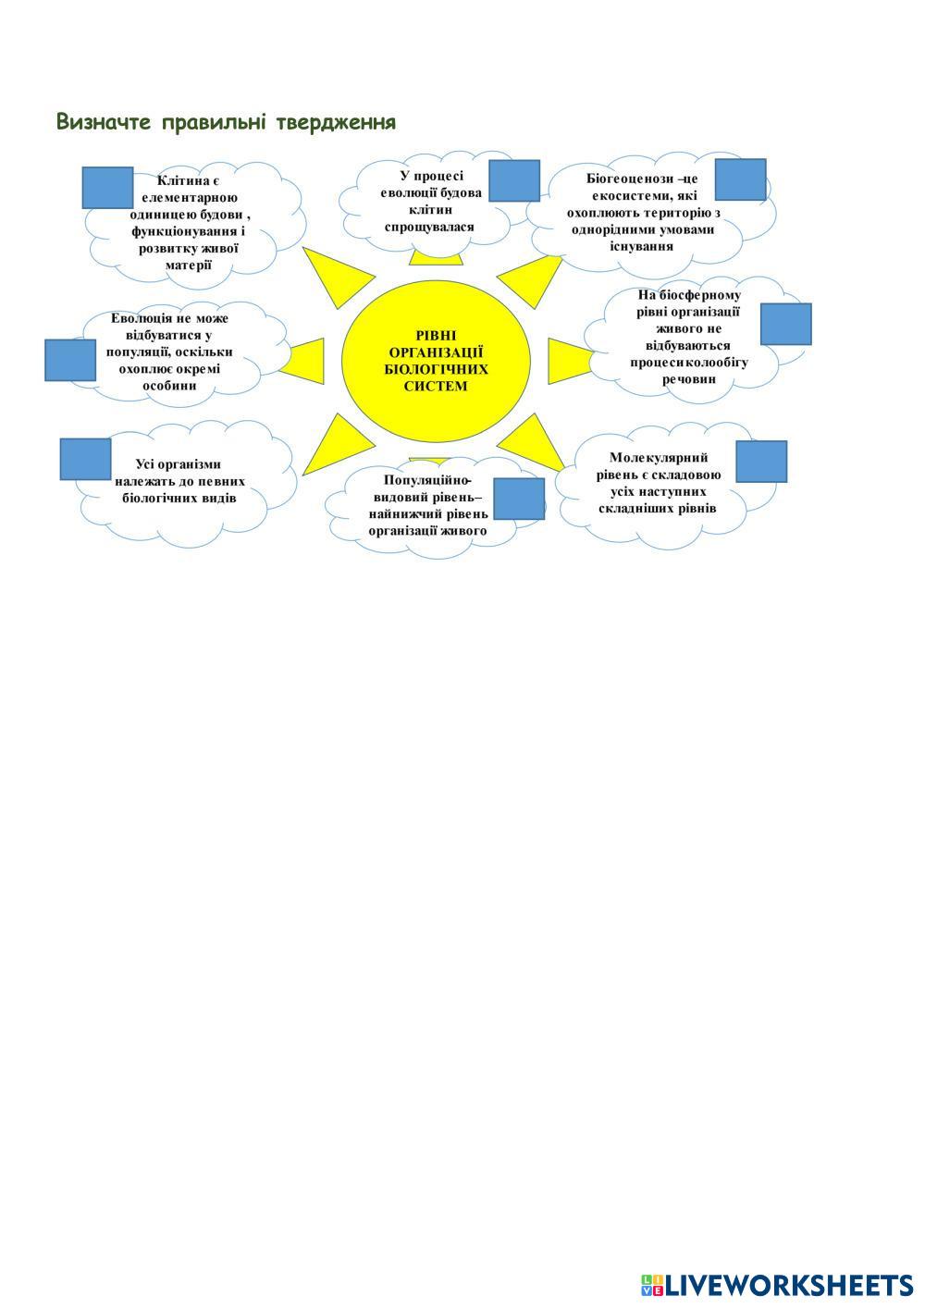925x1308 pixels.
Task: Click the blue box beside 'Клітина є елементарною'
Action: coord(107,188)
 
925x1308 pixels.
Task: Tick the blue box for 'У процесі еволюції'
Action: coord(513,180)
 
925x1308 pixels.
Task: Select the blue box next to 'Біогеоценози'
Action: coord(740,179)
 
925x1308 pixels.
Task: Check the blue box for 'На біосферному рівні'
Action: coord(785,324)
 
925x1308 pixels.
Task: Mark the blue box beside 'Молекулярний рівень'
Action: coord(761,462)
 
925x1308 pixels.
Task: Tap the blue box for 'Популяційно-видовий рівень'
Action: coord(518,499)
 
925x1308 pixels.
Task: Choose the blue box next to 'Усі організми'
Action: coord(85,459)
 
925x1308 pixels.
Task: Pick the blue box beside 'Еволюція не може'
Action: coord(70,360)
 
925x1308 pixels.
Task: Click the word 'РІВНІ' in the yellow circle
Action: coord(436,336)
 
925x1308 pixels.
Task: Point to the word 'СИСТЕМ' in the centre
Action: coord(436,386)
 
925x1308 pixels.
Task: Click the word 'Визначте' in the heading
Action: coord(104,122)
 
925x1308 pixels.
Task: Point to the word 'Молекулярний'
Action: coord(659,457)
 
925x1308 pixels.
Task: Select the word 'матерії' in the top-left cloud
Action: coord(189,265)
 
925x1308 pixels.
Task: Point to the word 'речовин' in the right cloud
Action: coord(689,378)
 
